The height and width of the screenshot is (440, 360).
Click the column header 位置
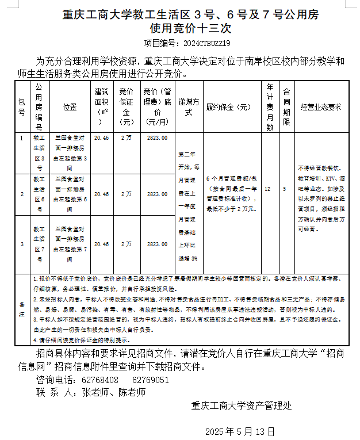tap(70, 107)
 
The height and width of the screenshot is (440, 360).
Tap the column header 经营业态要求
tap(321, 107)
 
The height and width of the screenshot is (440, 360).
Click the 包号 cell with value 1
tap(22, 138)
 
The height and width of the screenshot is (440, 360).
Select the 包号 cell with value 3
tap(22, 244)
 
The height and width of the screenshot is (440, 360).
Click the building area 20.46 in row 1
tap(101, 138)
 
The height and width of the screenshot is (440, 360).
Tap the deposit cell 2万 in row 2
tap(127, 194)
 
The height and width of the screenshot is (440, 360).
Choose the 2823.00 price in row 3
tap(157, 244)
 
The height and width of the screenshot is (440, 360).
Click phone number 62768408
tap(101, 380)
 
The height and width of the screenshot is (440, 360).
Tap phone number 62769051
tap(151, 380)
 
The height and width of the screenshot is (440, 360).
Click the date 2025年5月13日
tap(240, 431)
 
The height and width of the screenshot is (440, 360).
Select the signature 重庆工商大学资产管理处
tap(242, 405)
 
